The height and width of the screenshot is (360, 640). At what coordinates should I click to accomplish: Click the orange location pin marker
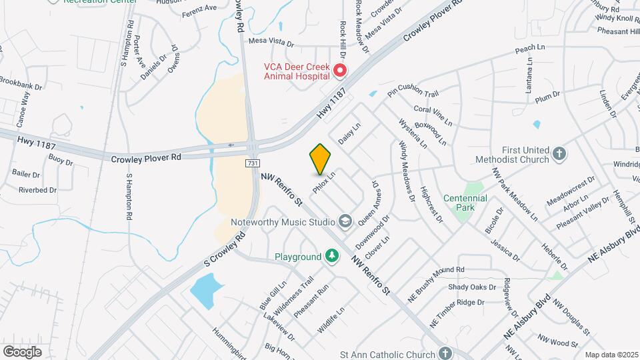tap(320, 159)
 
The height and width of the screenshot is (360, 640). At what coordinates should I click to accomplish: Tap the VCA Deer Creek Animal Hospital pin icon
tap(340, 70)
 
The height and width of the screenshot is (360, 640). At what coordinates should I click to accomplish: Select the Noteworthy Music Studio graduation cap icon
tap(345, 221)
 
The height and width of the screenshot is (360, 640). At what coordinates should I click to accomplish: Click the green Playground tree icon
tap(331, 257)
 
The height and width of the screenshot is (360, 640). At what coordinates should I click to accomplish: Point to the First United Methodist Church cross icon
tap(559, 154)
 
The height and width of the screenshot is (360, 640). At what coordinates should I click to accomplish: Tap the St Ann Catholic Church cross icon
tap(445, 353)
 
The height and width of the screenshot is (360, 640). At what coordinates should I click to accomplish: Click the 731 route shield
tap(252, 163)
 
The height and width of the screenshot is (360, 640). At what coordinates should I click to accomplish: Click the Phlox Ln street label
tap(323, 181)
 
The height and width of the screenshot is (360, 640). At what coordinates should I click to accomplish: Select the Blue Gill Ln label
tap(273, 295)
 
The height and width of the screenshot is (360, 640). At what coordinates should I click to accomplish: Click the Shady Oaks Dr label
tap(473, 287)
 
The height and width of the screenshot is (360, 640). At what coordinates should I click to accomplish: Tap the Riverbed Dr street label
tap(37, 190)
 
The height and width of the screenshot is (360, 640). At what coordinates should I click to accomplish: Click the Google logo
tap(22, 351)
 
